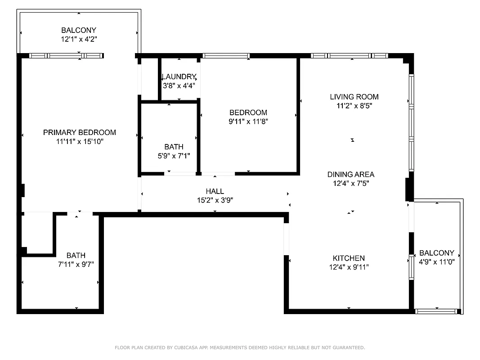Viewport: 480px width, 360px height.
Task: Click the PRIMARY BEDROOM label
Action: tap(79, 132)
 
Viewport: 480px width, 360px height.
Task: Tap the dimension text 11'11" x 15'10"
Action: tap(79, 141)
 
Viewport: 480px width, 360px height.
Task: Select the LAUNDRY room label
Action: tap(179, 76)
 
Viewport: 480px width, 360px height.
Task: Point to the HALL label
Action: tap(215, 191)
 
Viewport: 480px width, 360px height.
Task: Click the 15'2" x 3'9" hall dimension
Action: tap(215, 200)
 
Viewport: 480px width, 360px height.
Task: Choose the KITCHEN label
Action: tap(349, 258)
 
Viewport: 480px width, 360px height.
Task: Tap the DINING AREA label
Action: tap(350, 175)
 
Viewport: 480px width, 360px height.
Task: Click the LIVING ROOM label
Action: tap(354, 97)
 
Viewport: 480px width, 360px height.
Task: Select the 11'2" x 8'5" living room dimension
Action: tap(354, 106)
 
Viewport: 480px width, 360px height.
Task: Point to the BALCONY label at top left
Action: tap(79, 30)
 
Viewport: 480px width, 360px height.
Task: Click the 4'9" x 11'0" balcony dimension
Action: tap(437, 261)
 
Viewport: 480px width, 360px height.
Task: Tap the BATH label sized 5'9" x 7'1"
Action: tap(174, 147)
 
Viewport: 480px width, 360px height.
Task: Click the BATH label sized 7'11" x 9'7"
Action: tap(76, 255)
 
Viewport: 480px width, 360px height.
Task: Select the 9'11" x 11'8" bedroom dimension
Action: tap(248, 121)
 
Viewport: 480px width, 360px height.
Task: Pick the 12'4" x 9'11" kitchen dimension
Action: tap(349, 267)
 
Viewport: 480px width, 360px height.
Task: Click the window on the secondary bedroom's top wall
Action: tap(225, 56)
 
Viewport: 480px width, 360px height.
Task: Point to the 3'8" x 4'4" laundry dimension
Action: tap(179, 85)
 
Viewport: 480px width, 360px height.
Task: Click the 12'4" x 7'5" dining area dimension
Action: tap(350, 183)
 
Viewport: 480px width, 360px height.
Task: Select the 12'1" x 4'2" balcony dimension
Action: tap(79, 39)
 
